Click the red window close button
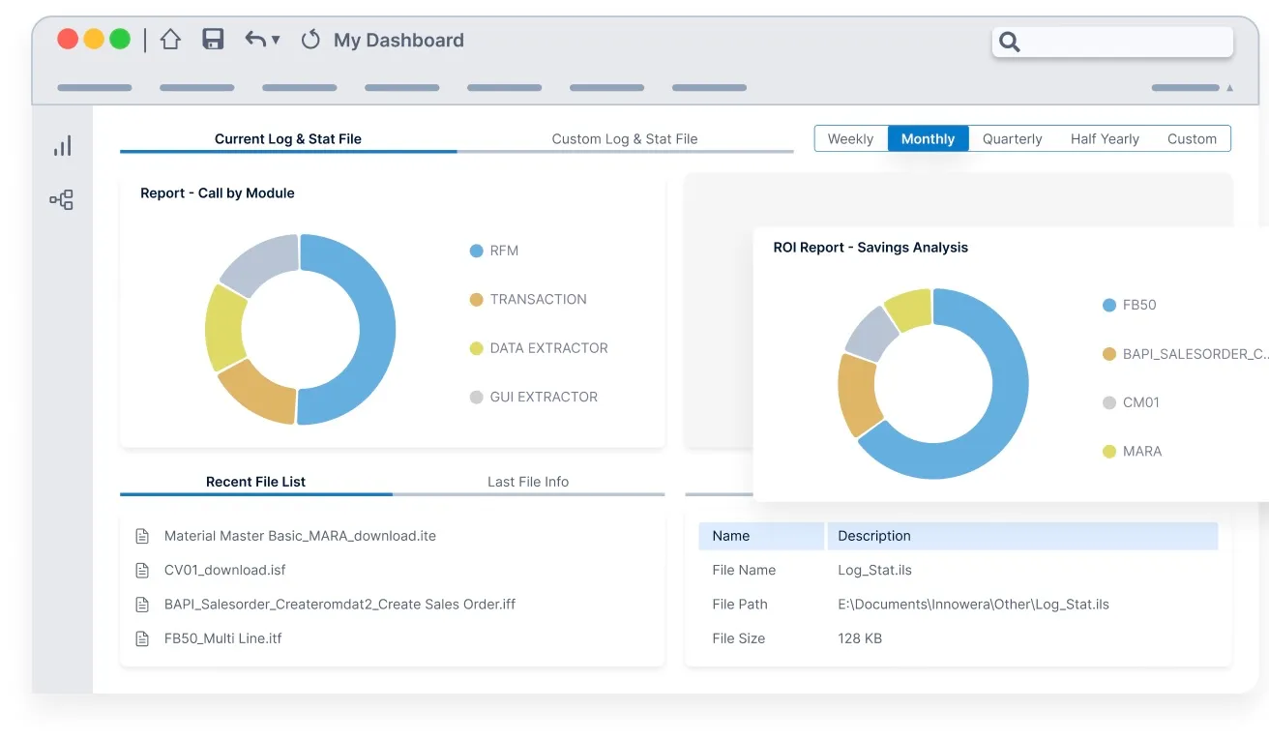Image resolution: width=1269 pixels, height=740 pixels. pyautogui.click(x=68, y=39)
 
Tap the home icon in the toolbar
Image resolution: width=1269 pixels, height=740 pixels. pyautogui.click(x=170, y=40)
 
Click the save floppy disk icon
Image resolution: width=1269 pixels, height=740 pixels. pyautogui.click(x=213, y=39)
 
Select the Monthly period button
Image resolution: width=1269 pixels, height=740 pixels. pyautogui.click(x=928, y=139)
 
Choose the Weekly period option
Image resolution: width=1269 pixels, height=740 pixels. pyautogui.click(x=850, y=139)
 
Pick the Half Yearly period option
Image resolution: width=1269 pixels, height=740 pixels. pyautogui.click(x=1105, y=139)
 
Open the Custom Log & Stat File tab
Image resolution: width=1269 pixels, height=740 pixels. pyautogui.click(x=624, y=139)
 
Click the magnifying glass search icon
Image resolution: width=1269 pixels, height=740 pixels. pyautogui.click(x=1009, y=42)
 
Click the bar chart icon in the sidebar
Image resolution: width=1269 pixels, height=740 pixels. pyautogui.click(x=62, y=146)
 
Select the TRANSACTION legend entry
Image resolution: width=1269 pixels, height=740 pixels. pyautogui.click(x=528, y=299)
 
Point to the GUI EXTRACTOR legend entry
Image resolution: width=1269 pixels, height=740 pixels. pyautogui.click(x=534, y=397)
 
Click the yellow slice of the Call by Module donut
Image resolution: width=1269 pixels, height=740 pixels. pyautogui.click(x=225, y=328)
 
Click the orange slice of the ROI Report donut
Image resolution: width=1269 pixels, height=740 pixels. pyautogui.click(x=858, y=394)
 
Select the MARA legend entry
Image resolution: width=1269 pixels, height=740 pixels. pyautogui.click(x=1132, y=451)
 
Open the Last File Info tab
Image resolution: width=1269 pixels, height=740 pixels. pyautogui.click(x=528, y=482)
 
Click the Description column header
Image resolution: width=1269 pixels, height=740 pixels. pyautogui.click(x=874, y=536)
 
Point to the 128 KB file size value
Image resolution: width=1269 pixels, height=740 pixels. pyautogui.click(x=860, y=638)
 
